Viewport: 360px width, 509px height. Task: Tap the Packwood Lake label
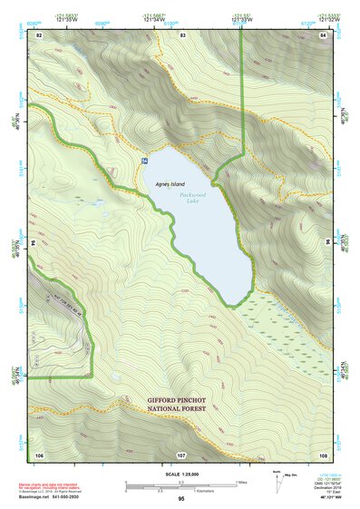tap(193, 197)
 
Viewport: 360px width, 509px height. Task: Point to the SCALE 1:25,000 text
tap(180, 475)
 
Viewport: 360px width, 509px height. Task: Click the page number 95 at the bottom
tap(180, 499)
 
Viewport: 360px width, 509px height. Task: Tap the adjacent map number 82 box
tap(39, 34)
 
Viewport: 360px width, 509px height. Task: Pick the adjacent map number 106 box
tap(39, 454)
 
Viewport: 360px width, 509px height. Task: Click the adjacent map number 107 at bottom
tap(180, 454)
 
